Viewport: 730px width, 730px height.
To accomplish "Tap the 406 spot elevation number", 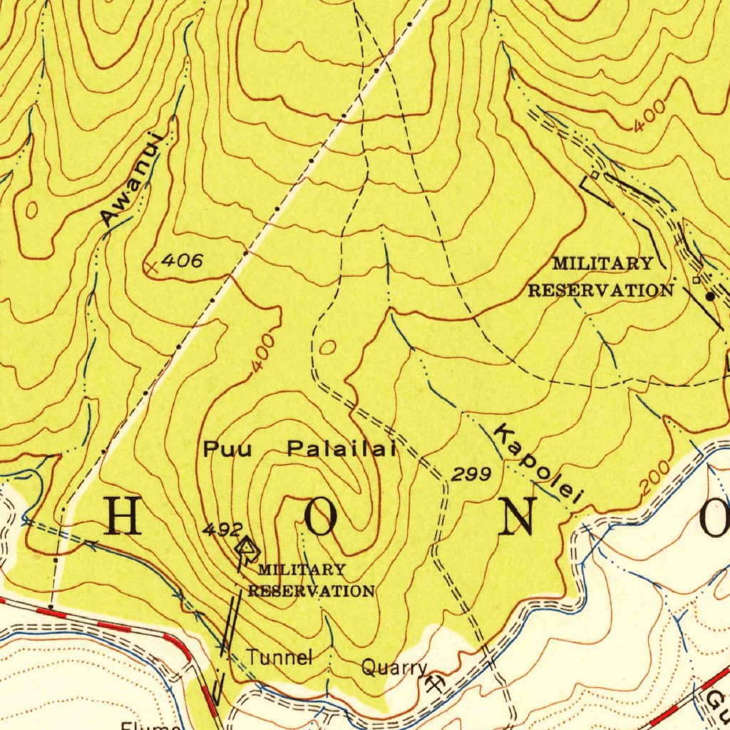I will coord(181,262).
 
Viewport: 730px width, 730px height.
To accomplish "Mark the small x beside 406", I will coord(151,267).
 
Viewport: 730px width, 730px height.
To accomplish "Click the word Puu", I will coord(227,449).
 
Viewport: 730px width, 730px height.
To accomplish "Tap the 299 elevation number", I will coord(471,474).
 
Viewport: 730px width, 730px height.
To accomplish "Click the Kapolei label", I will coord(539,466).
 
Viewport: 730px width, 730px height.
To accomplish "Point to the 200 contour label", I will coord(654,478).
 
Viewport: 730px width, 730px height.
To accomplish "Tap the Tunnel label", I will coord(279,657).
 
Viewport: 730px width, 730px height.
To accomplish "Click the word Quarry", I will coord(394,668).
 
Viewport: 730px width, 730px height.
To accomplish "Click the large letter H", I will coord(123,516).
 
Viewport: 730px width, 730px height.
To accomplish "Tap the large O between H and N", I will coord(322,516).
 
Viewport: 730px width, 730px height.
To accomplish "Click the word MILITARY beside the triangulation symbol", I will coord(302,570).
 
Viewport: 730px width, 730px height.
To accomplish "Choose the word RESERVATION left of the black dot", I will coord(600,290).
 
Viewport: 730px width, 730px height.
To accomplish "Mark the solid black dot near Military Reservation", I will coord(710,295).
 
